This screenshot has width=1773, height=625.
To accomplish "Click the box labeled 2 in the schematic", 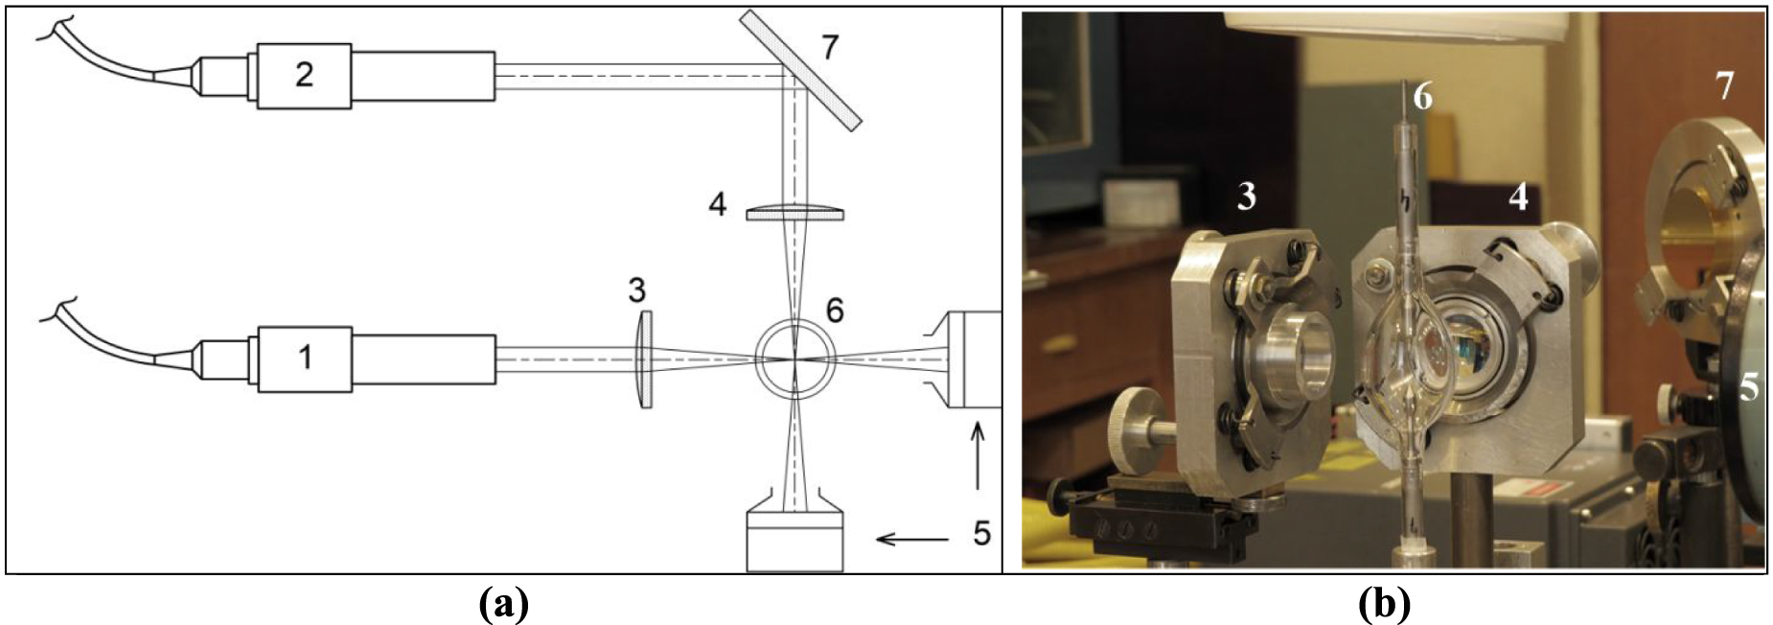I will [x=303, y=75].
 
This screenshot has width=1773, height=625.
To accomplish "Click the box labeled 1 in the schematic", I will [x=303, y=358].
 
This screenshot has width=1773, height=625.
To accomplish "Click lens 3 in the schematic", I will [x=646, y=359].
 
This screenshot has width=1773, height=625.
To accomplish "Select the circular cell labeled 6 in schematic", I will [x=794, y=359].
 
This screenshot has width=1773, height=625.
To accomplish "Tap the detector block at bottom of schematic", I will [x=794, y=543].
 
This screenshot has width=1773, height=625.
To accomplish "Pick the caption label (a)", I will [x=502, y=604].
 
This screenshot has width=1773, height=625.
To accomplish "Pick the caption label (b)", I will [x=1384, y=604].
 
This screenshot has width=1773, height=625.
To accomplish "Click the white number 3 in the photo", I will [x=1245, y=197].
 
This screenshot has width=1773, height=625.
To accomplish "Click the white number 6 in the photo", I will [x=1422, y=97].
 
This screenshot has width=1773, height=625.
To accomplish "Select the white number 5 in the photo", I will [x=1748, y=388].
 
